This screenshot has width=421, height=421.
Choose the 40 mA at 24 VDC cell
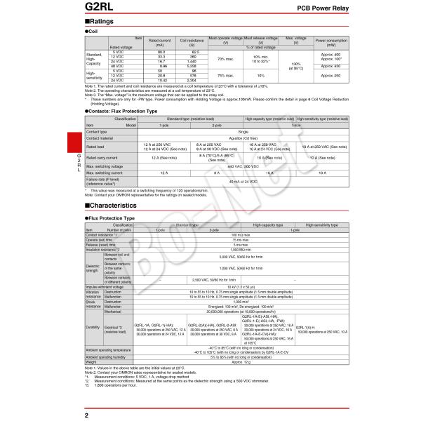(243, 181)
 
